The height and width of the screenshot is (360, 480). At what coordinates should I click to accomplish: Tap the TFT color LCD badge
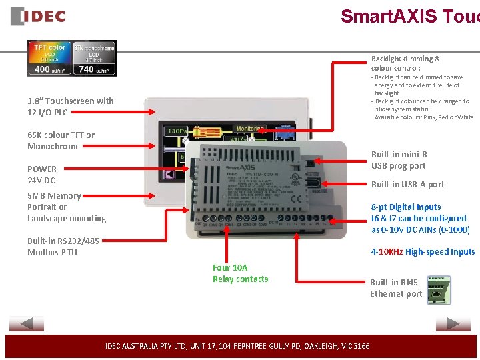point(49,58)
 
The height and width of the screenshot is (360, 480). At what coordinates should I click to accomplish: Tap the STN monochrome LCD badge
point(94,58)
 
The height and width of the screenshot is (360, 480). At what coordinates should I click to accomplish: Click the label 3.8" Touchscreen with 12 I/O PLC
point(70,107)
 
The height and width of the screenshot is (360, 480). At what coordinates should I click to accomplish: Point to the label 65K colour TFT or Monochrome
point(61,141)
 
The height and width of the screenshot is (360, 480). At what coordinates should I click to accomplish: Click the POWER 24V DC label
point(42,175)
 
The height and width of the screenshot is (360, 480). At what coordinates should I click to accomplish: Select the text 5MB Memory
point(54,196)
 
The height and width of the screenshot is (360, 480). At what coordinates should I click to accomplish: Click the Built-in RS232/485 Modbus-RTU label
point(63,247)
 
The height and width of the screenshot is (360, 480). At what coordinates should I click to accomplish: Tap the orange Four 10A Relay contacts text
point(240,273)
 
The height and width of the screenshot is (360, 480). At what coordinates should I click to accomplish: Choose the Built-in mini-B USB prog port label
point(399,160)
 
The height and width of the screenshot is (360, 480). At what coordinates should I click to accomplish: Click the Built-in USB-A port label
point(407,184)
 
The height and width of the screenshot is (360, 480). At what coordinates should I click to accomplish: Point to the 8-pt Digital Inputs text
point(406,207)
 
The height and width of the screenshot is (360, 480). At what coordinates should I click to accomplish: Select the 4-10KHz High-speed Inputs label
point(423,251)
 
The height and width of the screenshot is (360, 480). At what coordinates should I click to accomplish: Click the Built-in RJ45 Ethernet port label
point(396,288)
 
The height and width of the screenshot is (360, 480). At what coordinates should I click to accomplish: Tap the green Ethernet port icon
point(439,290)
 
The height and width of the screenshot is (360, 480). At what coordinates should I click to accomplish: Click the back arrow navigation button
point(27,324)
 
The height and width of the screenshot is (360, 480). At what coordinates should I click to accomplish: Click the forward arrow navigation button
point(453,324)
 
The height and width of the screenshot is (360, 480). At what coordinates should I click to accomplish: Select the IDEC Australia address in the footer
point(237,346)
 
